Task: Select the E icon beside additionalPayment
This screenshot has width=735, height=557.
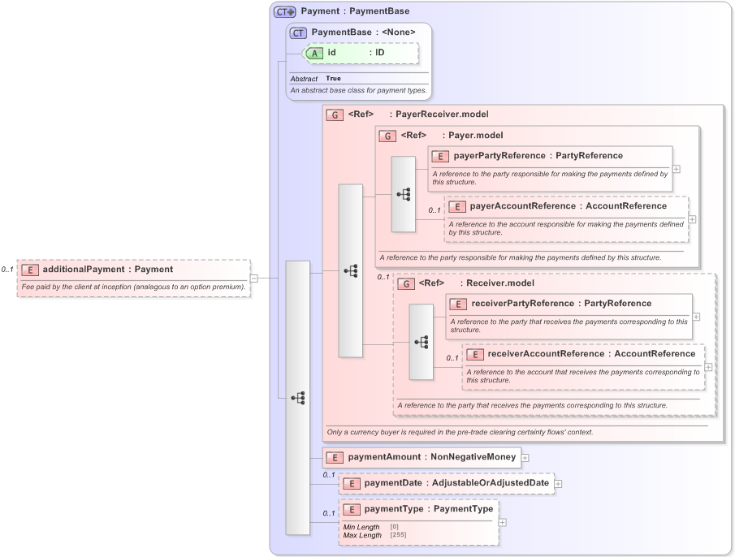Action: [x=29, y=269]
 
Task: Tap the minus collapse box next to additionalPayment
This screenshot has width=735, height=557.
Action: [x=254, y=278]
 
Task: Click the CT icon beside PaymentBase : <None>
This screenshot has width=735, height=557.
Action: [x=298, y=32]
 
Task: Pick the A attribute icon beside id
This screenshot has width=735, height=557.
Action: [x=314, y=53]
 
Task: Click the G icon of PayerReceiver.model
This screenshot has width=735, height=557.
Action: [x=335, y=114]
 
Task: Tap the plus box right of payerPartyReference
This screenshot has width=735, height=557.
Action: [x=677, y=169]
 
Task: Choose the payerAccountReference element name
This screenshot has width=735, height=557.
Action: [x=523, y=206]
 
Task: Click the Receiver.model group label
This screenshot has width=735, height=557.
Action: [x=498, y=283]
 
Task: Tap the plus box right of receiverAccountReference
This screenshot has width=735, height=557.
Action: [x=709, y=367]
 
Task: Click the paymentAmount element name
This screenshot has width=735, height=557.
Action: [x=384, y=457]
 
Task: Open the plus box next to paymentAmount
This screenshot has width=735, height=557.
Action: [x=525, y=458]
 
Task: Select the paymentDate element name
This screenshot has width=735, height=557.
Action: [x=393, y=483]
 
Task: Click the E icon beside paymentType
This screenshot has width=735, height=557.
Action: [x=351, y=509]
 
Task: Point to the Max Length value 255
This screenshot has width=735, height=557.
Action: [x=398, y=535]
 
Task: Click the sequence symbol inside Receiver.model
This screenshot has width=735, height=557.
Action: [x=422, y=342]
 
